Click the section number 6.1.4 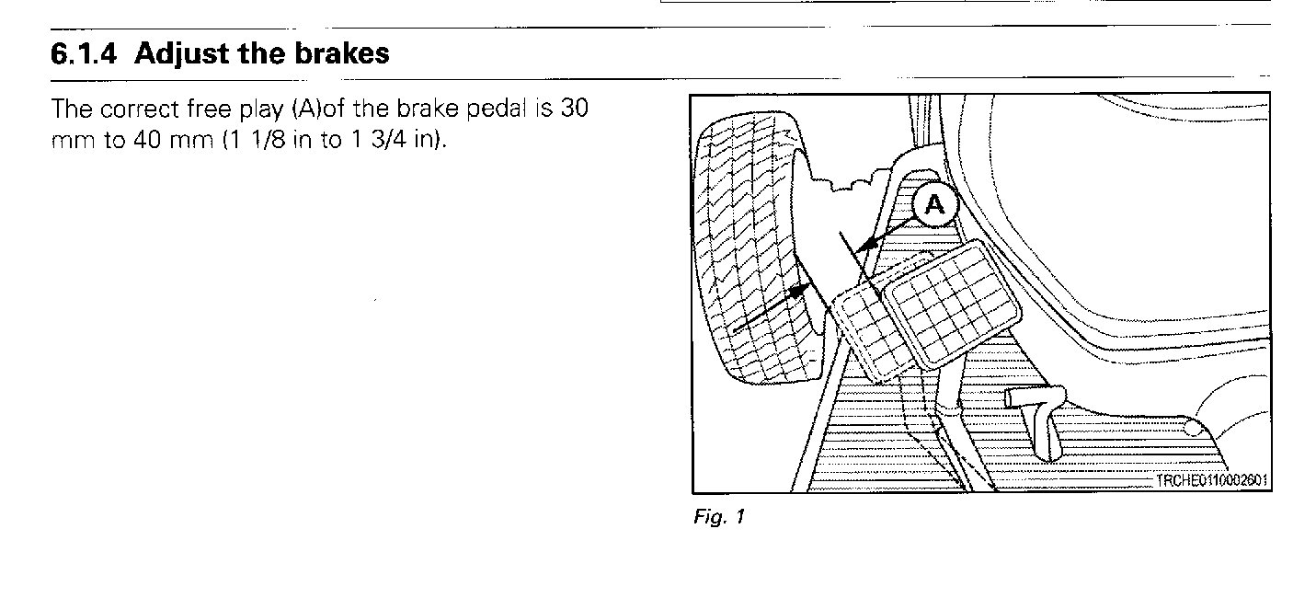click(84, 54)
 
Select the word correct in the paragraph click(139, 109)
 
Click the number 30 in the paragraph click(574, 109)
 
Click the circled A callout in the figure click(935, 205)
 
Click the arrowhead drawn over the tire click(800, 291)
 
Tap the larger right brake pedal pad click(953, 305)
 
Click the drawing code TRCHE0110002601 click(1210, 480)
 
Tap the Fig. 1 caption click(718, 517)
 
